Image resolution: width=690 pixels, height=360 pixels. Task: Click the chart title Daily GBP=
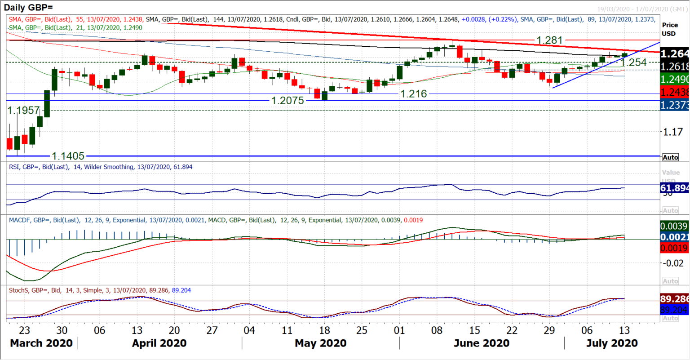point(28,7)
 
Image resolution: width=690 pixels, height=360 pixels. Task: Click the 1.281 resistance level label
point(549,40)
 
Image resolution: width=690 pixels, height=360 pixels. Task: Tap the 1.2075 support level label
point(287,101)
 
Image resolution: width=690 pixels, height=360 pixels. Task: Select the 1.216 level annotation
point(413,94)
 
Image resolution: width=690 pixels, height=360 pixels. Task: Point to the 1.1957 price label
point(23,111)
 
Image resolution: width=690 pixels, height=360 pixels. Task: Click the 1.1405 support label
point(68,156)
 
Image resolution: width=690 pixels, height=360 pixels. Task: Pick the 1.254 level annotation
point(633,62)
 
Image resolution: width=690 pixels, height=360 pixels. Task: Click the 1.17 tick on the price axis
point(673,132)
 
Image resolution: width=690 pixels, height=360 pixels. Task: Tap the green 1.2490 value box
point(674,80)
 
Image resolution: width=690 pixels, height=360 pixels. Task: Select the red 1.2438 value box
point(674,92)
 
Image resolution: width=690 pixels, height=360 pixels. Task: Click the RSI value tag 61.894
point(674,188)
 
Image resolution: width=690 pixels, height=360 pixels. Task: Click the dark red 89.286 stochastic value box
point(674,299)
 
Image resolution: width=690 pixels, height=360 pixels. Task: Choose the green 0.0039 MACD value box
point(674,226)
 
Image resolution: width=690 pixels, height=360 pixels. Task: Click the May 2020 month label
point(320,343)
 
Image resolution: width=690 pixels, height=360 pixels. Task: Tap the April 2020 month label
point(159,343)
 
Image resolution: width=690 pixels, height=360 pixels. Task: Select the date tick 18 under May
point(324,330)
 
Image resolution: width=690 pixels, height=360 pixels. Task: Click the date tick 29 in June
point(549,330)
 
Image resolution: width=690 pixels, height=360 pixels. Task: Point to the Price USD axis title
point(670,29)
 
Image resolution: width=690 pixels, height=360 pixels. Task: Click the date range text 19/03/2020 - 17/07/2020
point(642,9)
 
